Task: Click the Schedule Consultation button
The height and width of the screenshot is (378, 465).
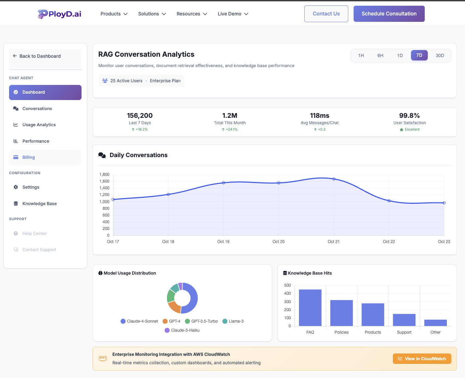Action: coord(389,14)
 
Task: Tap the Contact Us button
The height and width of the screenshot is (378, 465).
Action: coord(326,14)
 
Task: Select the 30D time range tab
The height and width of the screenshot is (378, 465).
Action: coord(440,55)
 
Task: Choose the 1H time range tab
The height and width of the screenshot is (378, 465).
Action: coord(361,55)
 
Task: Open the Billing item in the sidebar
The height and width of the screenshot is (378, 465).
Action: coord(29,157)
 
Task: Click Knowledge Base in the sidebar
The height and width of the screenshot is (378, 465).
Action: coord(39,204)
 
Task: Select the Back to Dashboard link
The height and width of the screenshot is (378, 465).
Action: coord(40,56)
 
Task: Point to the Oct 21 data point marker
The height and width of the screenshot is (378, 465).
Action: coord(334,179)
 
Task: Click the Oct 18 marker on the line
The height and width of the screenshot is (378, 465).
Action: coord(168,194)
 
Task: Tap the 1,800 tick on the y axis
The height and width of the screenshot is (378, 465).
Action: coord(104,175)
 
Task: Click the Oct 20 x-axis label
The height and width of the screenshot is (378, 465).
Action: coord(278,242)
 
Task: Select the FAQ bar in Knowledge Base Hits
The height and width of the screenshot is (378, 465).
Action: coord(310,308)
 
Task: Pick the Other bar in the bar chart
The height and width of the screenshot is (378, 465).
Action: coord(435,323)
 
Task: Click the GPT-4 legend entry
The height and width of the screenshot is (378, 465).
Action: coord(171,321)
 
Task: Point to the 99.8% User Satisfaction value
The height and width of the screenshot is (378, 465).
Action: coord(409,115)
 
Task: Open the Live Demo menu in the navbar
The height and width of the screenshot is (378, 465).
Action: coord(233,14)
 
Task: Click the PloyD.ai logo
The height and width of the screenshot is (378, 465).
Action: coord(59,14)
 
